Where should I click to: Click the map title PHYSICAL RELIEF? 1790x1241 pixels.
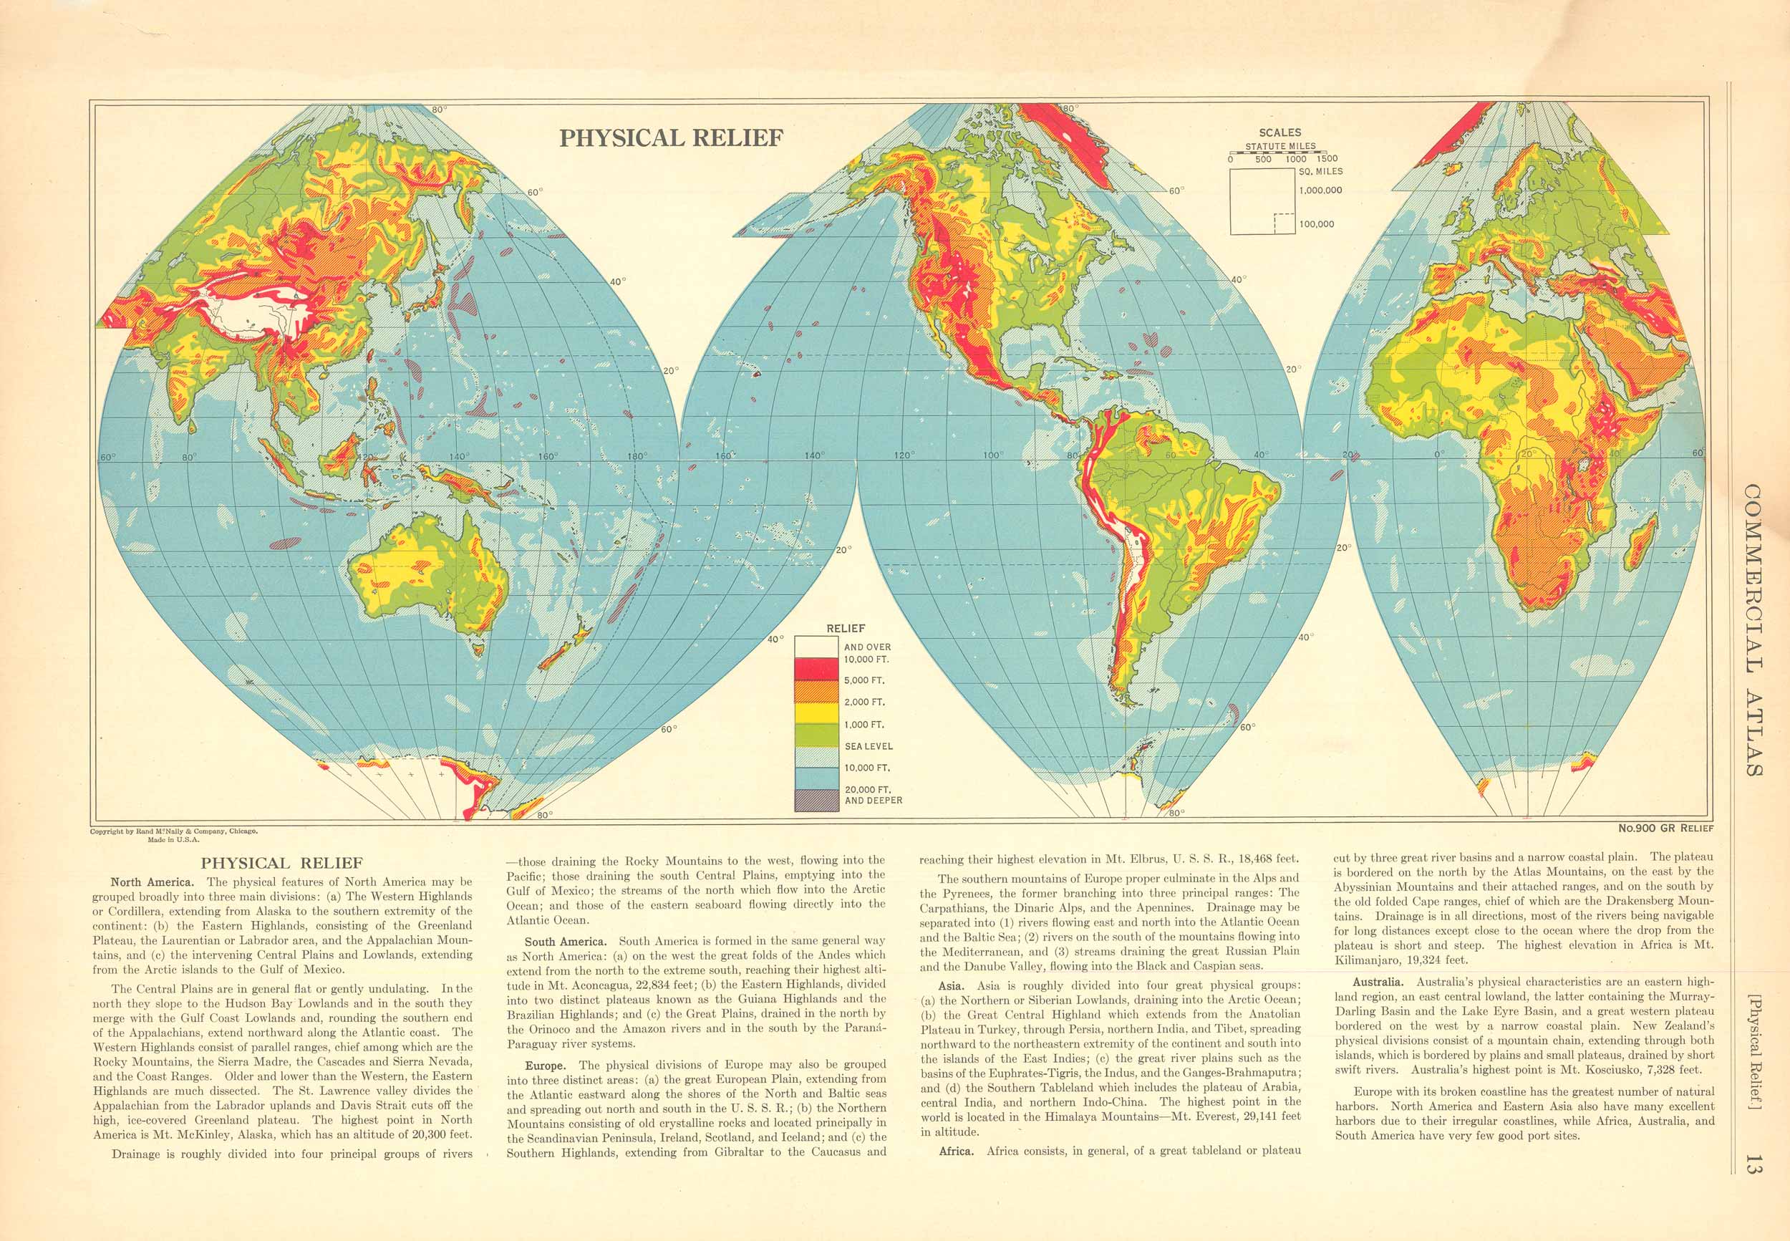click(x=672, y=137)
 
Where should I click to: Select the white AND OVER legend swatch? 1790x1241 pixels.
click(x=816, y=646)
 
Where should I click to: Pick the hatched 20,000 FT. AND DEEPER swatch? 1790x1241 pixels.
click(x=816, y=800)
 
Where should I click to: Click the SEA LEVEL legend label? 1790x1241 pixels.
click(x=869, y=746)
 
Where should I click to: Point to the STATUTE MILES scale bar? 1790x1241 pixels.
click(x=1279, y=153)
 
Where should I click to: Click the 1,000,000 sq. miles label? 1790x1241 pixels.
click(x=1320, y=190)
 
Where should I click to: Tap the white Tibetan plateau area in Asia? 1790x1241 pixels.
click(x=256, y=307)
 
